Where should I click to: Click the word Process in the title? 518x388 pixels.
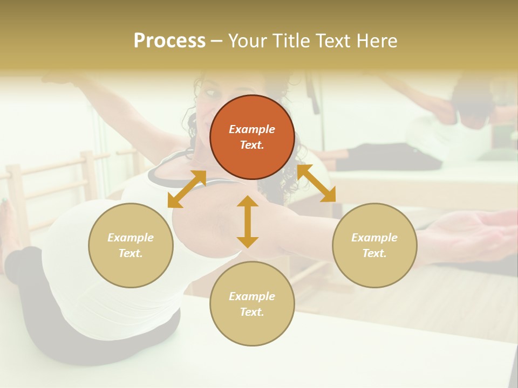tap(169, 41)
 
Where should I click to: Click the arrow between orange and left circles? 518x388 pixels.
tap(187, 189)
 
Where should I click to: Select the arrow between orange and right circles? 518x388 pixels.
tap(317, 184)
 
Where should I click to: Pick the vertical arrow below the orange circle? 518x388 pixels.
tap(248, 221)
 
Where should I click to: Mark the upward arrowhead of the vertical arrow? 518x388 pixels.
tap(248, 200)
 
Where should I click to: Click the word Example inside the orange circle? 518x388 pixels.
tap(252, 129)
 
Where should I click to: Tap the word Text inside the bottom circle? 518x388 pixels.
tap(252, 312)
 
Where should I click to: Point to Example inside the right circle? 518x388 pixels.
tap(374, 238)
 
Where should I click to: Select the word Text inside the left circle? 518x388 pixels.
tap(131, 253)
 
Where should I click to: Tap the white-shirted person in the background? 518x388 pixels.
tap(432, 129)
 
